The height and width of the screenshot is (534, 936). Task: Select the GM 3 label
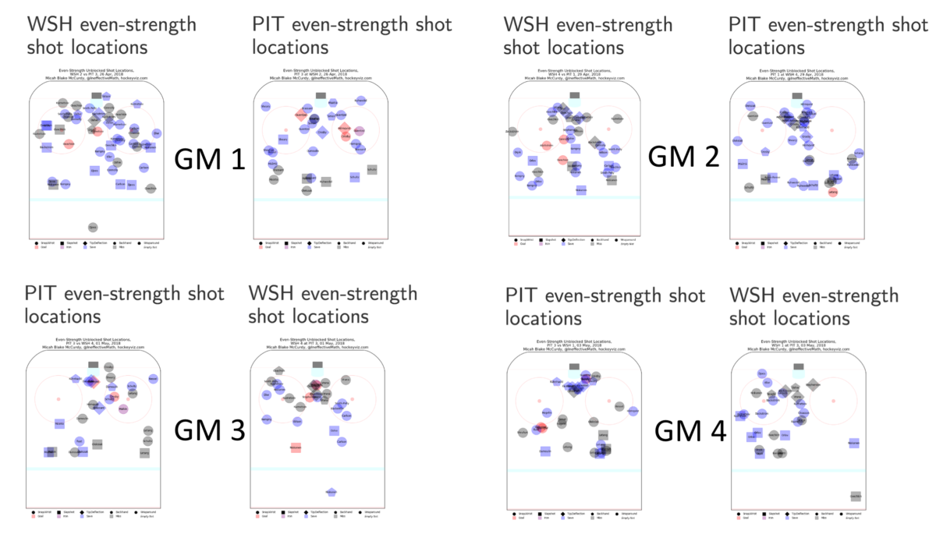[x=209, y=430]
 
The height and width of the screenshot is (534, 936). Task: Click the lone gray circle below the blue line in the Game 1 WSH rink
[x=93, y=228]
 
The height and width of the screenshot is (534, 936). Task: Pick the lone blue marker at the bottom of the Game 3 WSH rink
[x=331, y=493]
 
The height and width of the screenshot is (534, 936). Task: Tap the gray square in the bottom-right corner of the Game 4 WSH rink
[x=856, y=496]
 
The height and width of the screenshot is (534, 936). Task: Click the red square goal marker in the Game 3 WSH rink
[x=296, y=447]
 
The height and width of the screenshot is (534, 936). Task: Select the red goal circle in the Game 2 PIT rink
[x=833, y=192]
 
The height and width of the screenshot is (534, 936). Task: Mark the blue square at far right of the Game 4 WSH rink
[x=854, y=443]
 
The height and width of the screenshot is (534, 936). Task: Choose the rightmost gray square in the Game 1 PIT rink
[x=372, y=170]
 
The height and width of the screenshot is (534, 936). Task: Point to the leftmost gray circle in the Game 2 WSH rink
[x=512, y=132]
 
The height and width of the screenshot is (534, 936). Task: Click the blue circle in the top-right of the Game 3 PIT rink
[x=153, y=379]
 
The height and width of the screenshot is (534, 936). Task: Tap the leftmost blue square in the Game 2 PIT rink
[x=742, y=164]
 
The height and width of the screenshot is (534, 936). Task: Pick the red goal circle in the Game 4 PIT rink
[x=542, y=428]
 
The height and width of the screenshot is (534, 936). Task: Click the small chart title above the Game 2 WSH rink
[x=573, y=76]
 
